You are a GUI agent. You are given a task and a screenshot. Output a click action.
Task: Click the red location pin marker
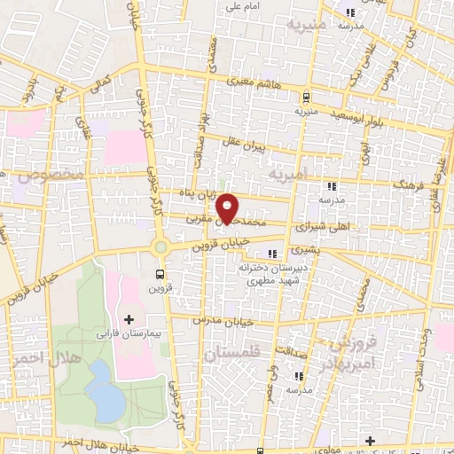point(229,207)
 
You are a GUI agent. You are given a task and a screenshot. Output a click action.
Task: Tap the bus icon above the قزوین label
point(160,273)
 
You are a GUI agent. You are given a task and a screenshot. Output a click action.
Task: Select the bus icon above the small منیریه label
point(305,98)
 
